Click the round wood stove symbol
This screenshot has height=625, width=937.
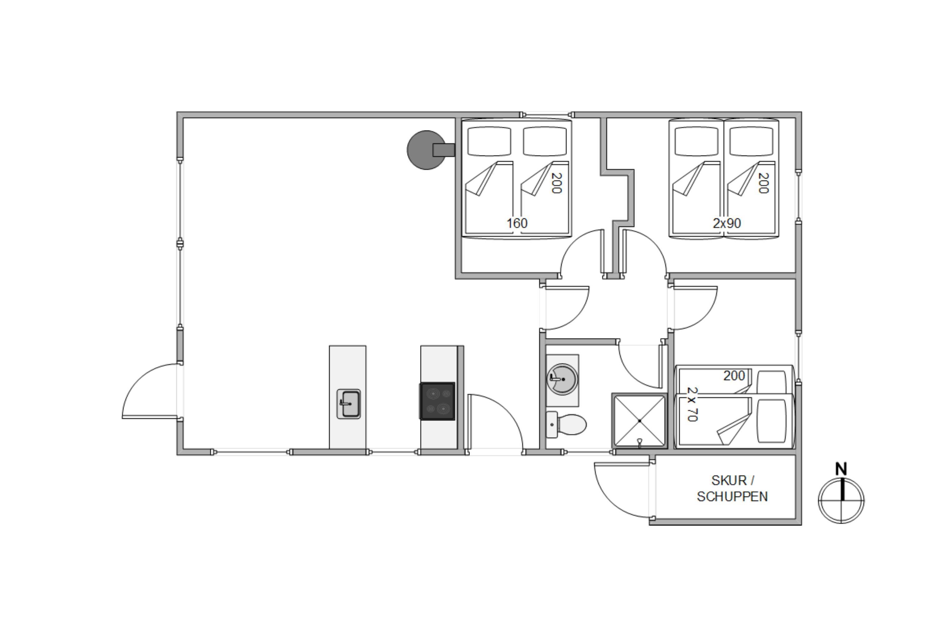coord(427,150)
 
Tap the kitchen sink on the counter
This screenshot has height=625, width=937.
coord(349,404)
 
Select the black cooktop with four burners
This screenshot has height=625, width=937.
coord(437,401)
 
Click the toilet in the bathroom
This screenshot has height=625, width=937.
coord(566,424)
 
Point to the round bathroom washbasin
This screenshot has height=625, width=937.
coord(562,379)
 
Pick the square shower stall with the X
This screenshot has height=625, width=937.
coord(639,421)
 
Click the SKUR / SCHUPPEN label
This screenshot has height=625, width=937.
coord(732,488)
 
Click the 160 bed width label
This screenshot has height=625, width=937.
coord(517,223)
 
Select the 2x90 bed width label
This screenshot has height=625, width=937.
coord(727,223)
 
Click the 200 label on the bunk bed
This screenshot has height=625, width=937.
coord(734,376)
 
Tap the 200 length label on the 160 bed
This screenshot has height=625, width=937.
coord(557,183)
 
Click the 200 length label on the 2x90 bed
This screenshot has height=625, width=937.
coord(763,183)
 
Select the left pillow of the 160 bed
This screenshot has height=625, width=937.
coord(489,141)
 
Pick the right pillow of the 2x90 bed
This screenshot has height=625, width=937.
coord(751,141)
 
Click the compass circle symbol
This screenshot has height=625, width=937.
coord(841,501)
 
